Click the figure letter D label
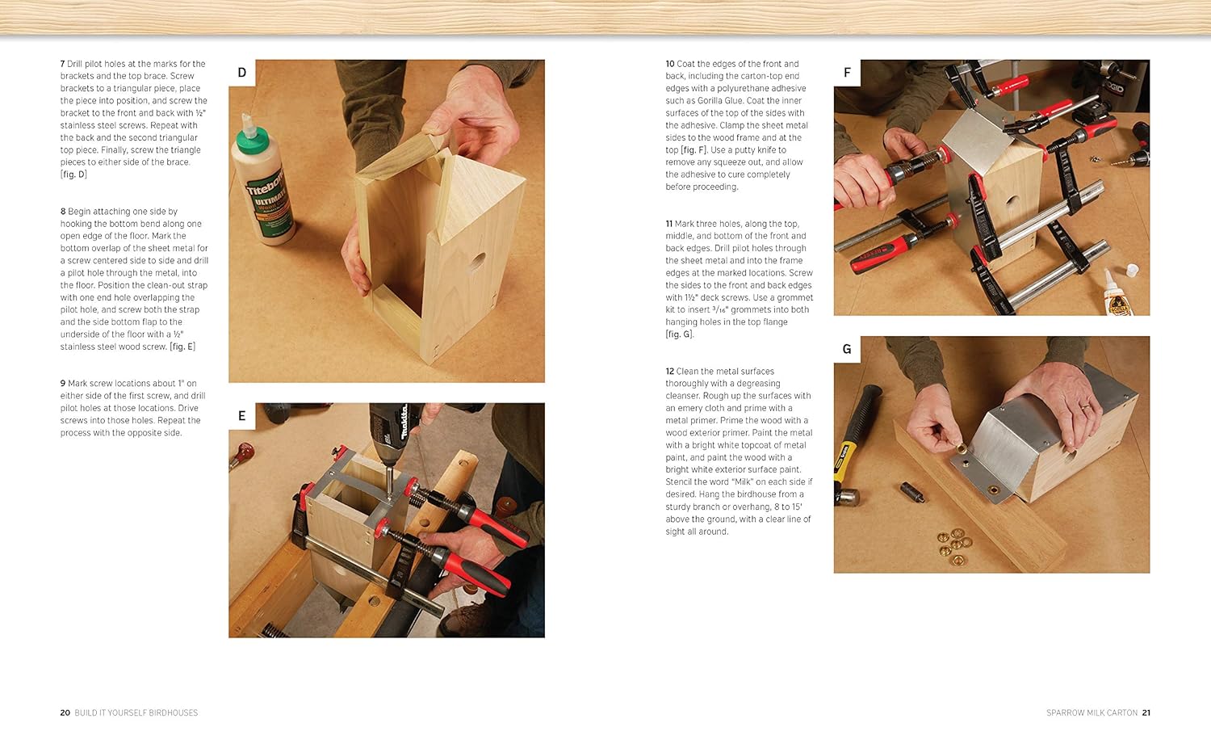pos(241,73)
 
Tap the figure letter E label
pos(241,415)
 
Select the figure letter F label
pos(847,73)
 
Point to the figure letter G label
pos(847,349)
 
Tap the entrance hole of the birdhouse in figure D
pos(477,263)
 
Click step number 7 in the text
pos(63,64)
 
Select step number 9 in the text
pos(63,383)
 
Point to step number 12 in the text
pos(670,371)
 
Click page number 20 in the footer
pos(65,712)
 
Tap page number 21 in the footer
pos(1146,712)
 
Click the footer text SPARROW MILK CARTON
pos(1092,712)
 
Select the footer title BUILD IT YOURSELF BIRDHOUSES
pos(136,712)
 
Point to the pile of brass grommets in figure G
pos(954,543)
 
